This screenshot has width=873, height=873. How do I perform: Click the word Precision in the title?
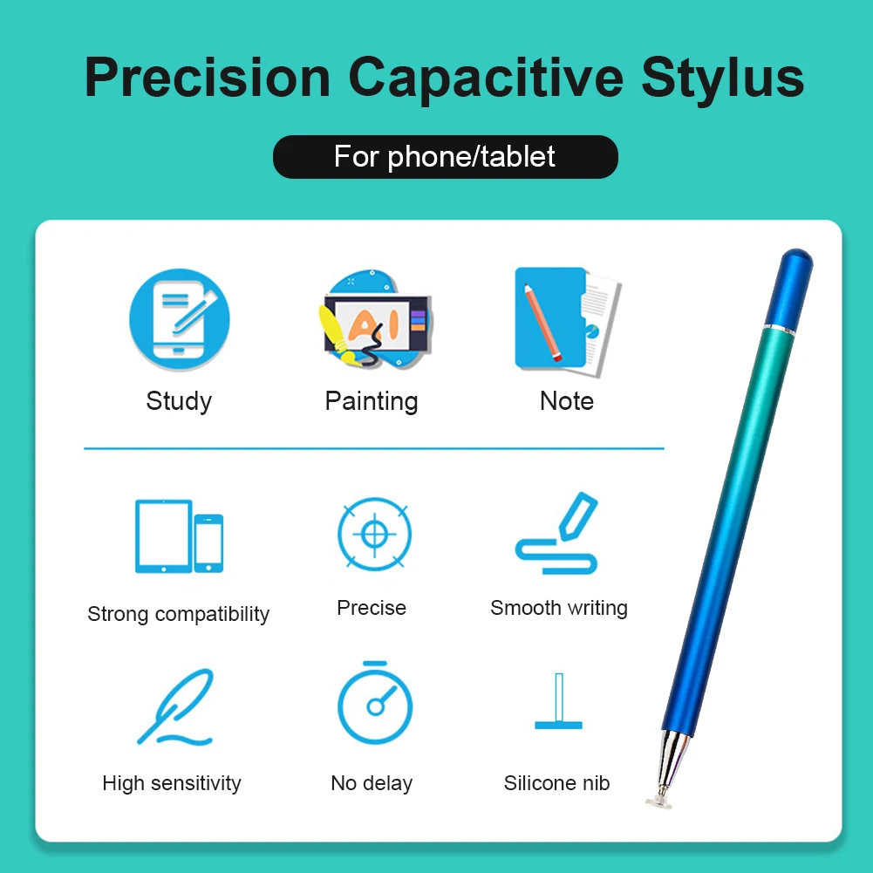pos(208,78)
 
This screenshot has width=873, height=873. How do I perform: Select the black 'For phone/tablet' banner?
pos(445,156)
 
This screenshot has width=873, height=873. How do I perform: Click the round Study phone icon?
pos(180,319)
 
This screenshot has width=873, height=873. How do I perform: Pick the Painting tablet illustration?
pos(376,319)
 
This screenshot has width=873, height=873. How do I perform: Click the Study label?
pos(179,401)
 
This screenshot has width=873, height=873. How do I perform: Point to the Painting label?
pos(372,401)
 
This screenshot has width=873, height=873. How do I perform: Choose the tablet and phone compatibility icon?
pos(179,536)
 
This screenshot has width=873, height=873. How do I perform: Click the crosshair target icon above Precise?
pos(375,534)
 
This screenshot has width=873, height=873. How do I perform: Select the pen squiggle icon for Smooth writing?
pos(556,533)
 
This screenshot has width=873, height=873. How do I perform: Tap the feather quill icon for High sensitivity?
pos(174,707)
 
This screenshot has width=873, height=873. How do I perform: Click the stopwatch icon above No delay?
pos(375,703)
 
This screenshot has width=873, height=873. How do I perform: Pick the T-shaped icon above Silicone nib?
pos(558,701)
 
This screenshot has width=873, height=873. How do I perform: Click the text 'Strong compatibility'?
pos(178,614)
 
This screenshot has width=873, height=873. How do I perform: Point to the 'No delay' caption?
pos(372,783)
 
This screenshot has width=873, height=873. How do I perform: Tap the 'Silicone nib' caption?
pos(556,783)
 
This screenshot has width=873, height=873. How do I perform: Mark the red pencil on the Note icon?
pos(542,322)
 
